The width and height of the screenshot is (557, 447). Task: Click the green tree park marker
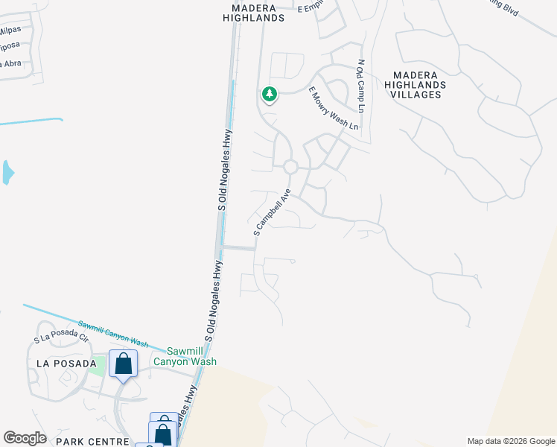269,95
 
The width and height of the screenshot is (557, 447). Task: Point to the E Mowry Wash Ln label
333,109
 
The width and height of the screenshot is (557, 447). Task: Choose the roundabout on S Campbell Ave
290,166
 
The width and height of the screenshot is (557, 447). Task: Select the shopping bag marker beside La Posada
123,364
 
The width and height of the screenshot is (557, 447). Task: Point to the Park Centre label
93,441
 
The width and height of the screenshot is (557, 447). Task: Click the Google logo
25,438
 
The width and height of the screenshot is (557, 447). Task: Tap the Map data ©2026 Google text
510,441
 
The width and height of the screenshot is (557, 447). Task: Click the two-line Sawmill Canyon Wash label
185,356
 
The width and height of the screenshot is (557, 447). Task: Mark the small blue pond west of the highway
7,173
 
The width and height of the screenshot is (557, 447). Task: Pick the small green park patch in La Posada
95,367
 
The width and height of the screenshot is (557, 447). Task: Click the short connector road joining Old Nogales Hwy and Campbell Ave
239,248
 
